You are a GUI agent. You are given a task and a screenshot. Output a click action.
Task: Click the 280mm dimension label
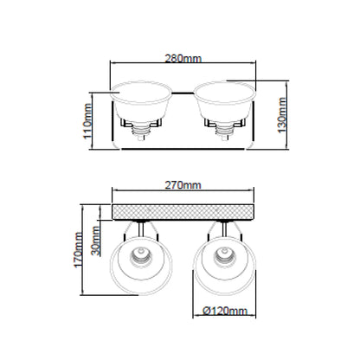click(x=183, y=59)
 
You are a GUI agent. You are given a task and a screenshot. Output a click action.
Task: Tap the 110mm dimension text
click(x=87, y=121)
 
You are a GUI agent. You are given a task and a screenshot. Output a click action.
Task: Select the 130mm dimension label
click(x=282, y=115)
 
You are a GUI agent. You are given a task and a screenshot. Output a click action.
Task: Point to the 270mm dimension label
click(x=183, y=185)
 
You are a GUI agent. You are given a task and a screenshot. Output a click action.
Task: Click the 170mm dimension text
click(x=79, y=250)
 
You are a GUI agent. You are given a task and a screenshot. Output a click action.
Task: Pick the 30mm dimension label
click(x=95, y=241)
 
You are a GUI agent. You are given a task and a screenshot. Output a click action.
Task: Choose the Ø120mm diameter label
click(x=225, y=311)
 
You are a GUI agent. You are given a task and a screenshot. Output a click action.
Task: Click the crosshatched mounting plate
click(x=183, y=212)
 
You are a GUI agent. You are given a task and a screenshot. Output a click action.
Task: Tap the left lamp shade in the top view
click(x=141, y=100)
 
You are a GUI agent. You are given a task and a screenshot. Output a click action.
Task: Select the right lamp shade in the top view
click(x=224, y=100)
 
